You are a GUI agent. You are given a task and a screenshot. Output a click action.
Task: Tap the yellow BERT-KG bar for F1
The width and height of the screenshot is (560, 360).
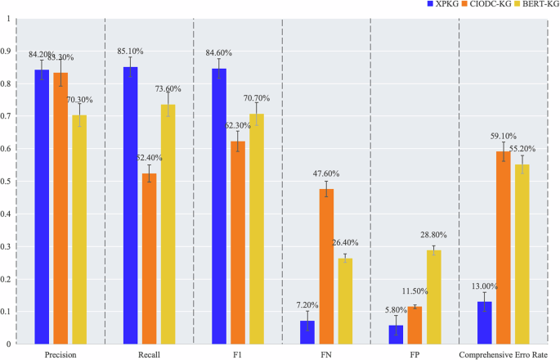click(x=256, y=228)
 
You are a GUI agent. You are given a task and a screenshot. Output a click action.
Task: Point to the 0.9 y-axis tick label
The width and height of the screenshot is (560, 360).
click(x=7, y=51)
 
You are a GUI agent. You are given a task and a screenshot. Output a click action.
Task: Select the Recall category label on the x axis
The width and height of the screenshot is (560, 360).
click(x=149, y=354)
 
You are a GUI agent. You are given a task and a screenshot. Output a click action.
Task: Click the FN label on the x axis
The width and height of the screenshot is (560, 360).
click(x=326, y=354)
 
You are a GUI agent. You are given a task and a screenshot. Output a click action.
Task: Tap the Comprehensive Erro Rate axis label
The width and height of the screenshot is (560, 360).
click(x=504, y=354)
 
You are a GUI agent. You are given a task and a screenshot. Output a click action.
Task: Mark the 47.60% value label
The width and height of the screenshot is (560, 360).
click(x=326, y=173)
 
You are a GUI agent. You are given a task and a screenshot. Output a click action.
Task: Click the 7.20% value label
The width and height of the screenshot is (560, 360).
click(x=307, y=304)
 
